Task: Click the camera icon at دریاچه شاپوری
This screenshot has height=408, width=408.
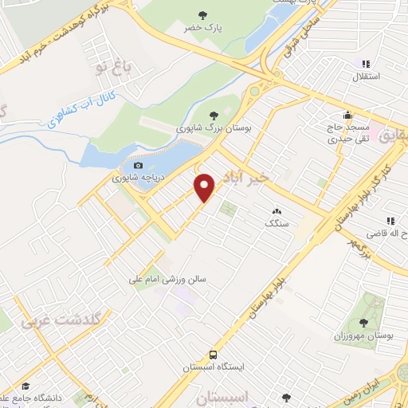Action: tap(139, 166)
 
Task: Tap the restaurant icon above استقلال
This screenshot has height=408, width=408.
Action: tap(366, 64)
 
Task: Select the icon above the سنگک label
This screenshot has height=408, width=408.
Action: tap(276, 211)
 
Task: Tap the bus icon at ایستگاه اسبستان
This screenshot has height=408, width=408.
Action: tap(213, 354)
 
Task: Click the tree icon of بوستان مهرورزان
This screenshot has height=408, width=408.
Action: tap(364, 323)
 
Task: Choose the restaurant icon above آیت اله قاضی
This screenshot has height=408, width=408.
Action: tap(390, 220)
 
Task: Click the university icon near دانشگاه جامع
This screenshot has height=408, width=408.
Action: tap(25, 385)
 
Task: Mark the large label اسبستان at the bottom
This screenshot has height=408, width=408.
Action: tap(244, 396)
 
